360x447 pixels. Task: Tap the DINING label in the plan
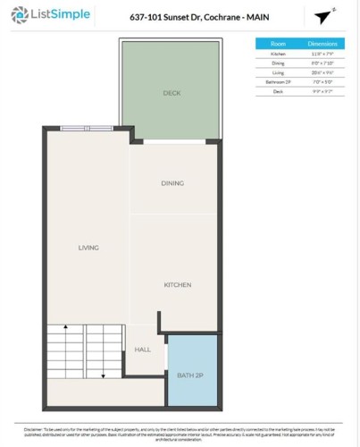172,183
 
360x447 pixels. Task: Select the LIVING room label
88,248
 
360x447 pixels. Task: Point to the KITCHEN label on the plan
177,285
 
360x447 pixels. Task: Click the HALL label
143,350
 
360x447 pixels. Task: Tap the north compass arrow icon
322,16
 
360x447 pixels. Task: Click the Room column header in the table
278,43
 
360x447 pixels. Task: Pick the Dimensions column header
322,43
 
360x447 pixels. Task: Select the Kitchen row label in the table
278,55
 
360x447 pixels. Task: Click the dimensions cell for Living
322,72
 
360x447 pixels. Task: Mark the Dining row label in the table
278,63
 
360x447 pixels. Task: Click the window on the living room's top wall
87,128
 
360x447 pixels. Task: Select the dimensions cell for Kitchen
322,55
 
